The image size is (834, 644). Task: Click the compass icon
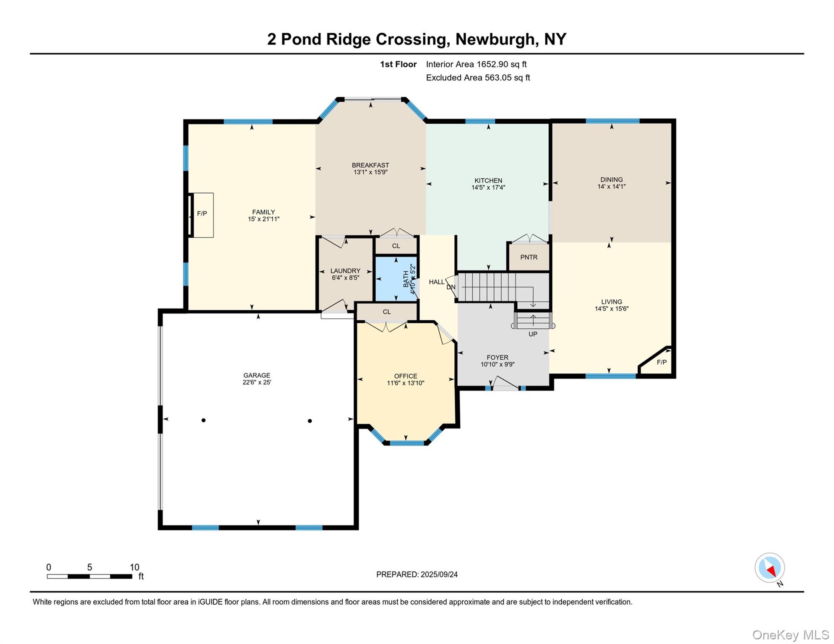(769, 568)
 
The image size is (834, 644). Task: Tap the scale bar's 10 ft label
(134, 567)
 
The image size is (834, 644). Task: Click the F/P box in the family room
(202, 214)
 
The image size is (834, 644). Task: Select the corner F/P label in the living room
(661, 362)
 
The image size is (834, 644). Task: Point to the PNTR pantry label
(529, 257)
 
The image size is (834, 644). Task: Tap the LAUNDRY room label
(345, 271)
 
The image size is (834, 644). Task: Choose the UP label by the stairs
(533, 334)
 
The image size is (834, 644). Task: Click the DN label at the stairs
(451, 287)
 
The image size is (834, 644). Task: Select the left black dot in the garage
(203, 420)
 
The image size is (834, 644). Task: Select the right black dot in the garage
(310, 421)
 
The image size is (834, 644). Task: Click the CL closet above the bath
(396, 246)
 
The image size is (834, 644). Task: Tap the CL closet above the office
(387, 312)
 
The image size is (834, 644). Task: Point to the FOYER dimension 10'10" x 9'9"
(498, 365)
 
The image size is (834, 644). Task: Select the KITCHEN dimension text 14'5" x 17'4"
(488, 188)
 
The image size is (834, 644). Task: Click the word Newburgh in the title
(494, 39)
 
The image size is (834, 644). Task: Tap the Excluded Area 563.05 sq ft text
(478, 78)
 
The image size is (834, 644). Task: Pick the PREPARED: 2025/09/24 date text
(417, 574)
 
